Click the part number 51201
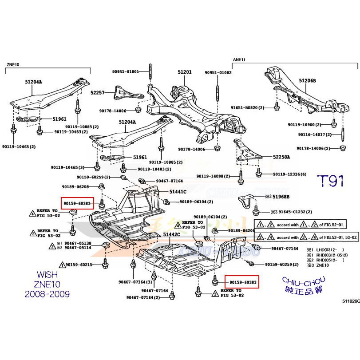coord(185,72)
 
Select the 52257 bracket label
coord(97,92)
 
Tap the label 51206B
coord(307,81)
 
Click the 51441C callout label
coord(178,191)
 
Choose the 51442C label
coord(171,234)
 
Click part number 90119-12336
coord(290,174)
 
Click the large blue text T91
coord(330,181)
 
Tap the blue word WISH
coord(46,275)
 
